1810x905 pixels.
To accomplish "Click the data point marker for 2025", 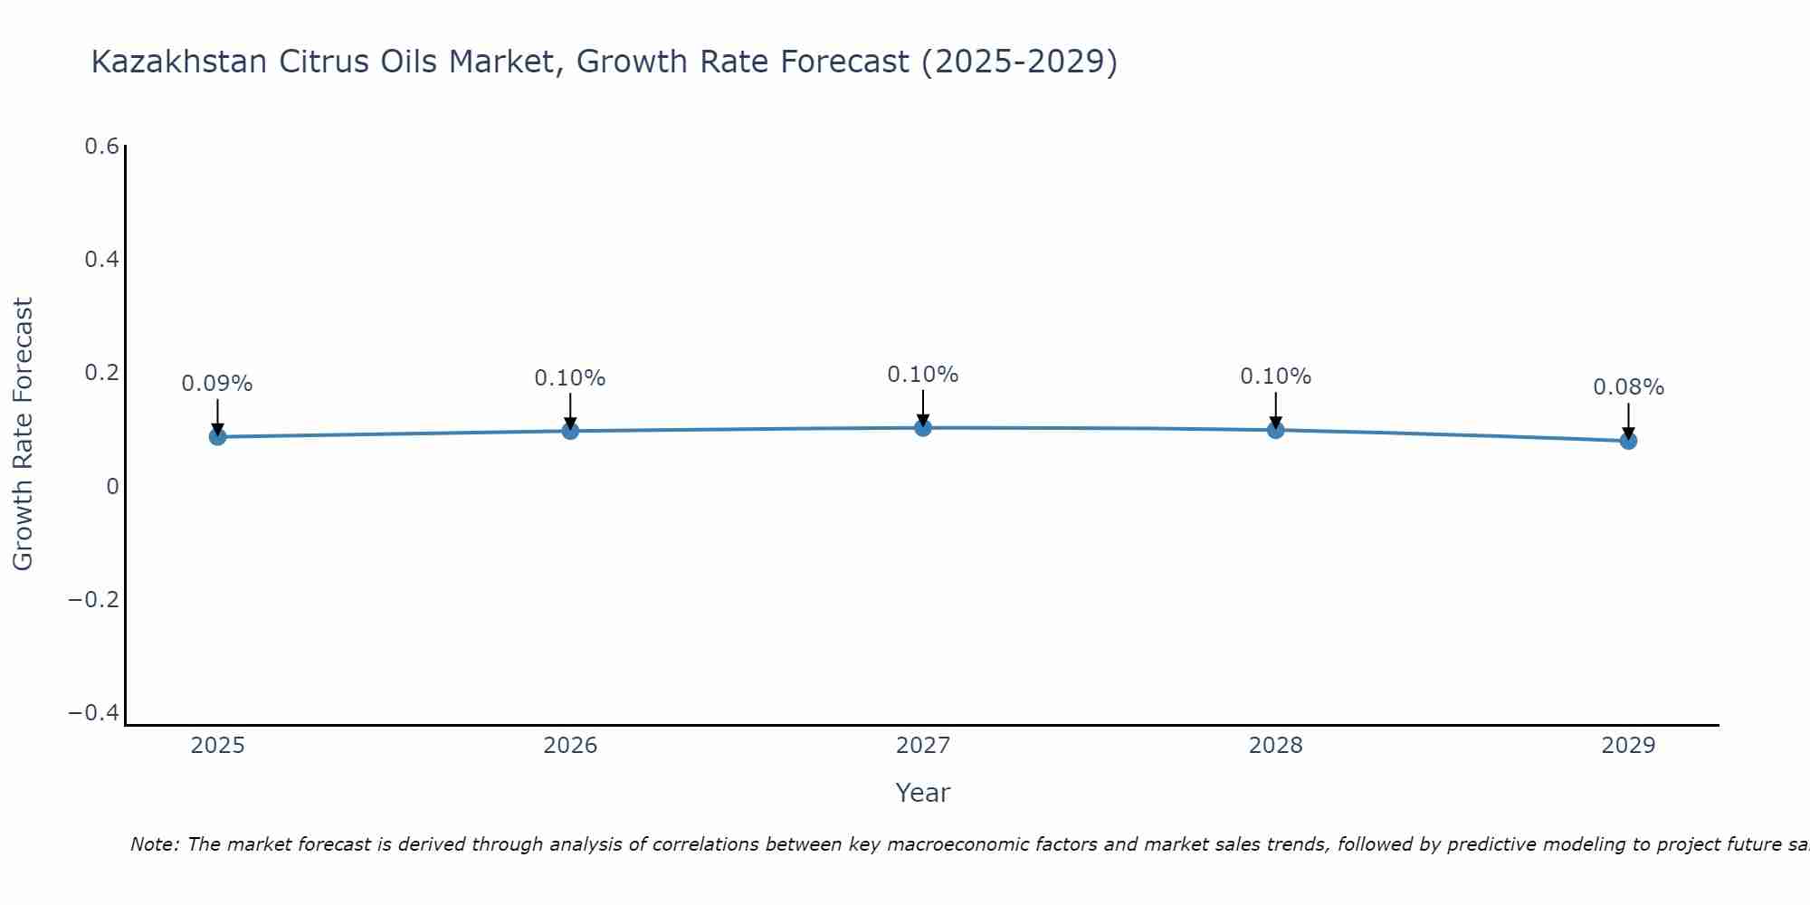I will tap(217, 437).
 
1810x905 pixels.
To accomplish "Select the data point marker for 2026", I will tap(570, 431).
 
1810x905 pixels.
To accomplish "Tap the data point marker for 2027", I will tap(923, 428).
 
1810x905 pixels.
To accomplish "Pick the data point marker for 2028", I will tap(1275, 430).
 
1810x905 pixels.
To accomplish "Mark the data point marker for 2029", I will tap(1628, 441).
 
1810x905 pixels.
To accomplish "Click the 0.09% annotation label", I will tap(217, 384).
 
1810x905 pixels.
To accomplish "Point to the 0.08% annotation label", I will tap(1628, 387).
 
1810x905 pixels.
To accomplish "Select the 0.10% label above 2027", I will tap(922, 375).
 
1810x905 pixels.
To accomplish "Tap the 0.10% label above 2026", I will tap(570, 378).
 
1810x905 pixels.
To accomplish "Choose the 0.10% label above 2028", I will tap(1275, 376).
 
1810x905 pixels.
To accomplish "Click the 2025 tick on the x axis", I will tap(217, 746).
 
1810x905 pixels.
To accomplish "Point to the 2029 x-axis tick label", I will tap(1628, 746).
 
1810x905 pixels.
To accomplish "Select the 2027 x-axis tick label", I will tap(922, 746).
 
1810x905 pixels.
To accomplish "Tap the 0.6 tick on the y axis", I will tap(102, 147).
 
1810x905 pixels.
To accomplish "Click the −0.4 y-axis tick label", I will tap(94, 713).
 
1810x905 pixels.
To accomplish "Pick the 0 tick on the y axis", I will tap(112, 487).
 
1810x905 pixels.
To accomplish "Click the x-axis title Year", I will tap(922, 793).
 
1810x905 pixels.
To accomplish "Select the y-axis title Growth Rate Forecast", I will tap(23, 434).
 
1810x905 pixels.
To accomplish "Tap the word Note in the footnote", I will tap(154, 844).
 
